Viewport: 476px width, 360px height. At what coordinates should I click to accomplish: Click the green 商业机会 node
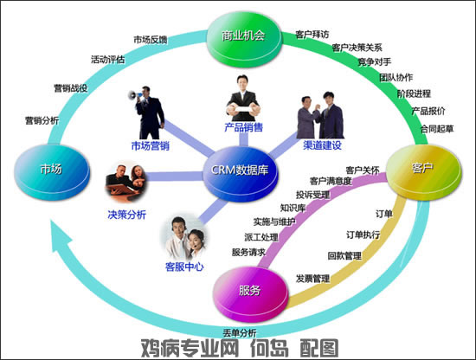pyautogui.click(x=244, y=39)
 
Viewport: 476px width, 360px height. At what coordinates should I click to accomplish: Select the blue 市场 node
pyautogui.click(x=52, y=172)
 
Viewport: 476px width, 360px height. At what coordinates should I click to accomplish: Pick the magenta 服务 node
pyautogui.click(x=250, y=293)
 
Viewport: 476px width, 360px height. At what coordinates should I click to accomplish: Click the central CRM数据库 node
pyautogui.click(x=240, y=173)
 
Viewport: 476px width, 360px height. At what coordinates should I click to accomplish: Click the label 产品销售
pyautogui.click(x=244, y=127)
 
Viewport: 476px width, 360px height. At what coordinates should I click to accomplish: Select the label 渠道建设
pyautogui.click(x=323, y=145)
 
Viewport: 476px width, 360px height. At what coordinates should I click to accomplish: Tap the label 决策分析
pyautogui.click(x=127, y=215)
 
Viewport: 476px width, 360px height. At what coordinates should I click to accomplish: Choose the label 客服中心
pyautogui.click(x=184, y=267)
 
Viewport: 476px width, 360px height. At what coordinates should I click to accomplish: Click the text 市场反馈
pyautogui.click(x=151, y=40)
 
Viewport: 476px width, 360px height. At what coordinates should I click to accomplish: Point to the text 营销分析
pyautogui.click(x=42, y=120)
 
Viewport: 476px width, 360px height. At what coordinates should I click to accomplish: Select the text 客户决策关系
pyautogui.click(x=357, y=48)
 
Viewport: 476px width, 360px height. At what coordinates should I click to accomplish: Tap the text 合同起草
pyautogui.click(x=437, y=129)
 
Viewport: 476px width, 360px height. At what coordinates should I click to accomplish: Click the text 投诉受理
pyautogui.click(x=313, y=195)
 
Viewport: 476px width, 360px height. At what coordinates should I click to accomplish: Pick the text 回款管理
pyautogui.click(x=344, y=255)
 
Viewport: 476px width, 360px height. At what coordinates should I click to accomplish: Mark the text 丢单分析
pyautogui.click(x=240, y=333)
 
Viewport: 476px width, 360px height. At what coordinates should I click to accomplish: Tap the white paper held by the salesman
pyautogui.click(x=243, y=108)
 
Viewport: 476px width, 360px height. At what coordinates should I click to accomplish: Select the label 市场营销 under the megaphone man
pyautogui.click(x=151, y=146)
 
